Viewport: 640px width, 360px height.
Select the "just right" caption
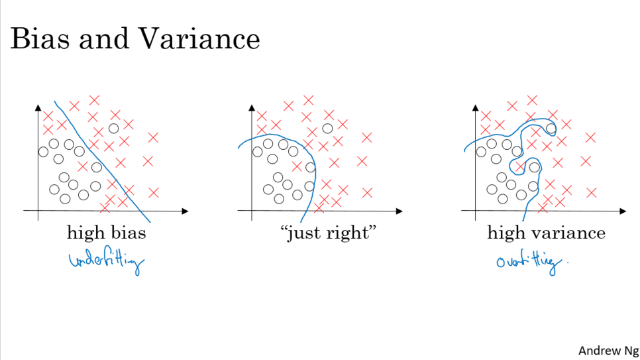coord(329,233)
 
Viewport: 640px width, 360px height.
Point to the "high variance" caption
coord(546,233)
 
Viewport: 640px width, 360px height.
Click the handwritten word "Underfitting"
coord(107,263)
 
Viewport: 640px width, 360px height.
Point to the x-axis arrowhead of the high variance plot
coord(623,211)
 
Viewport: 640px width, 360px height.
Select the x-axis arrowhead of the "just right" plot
coord(399,211)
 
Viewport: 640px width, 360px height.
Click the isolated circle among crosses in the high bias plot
coord(113,128)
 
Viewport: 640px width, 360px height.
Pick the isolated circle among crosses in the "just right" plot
coord(327,128)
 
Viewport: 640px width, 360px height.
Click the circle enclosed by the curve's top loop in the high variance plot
coord(550,128)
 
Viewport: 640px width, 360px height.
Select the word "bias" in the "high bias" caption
coord(130,233)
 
